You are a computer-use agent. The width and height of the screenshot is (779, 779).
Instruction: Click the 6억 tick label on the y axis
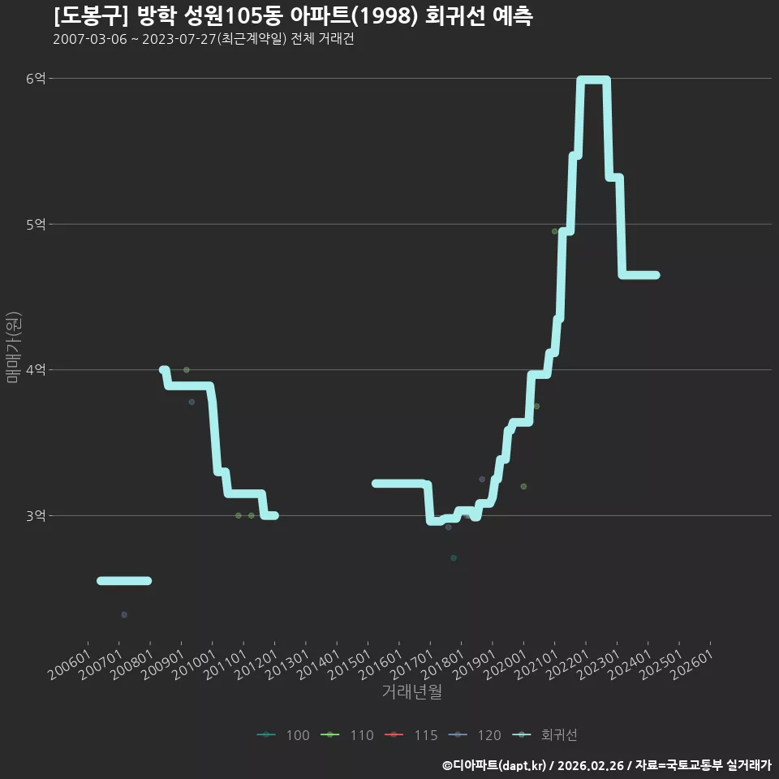coord(36,79)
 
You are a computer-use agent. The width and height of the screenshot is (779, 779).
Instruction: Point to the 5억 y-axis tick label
coord(36,225)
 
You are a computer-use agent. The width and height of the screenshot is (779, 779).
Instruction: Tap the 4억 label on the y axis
coord(36,370)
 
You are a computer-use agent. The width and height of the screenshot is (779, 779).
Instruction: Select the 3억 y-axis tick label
coord(36,516)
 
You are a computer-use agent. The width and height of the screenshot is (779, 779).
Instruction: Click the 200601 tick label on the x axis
coord(70,665)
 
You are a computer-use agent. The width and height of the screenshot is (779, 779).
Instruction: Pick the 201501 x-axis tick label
coord(350,665)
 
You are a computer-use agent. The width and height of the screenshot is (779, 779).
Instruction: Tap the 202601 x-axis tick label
coord(692,665)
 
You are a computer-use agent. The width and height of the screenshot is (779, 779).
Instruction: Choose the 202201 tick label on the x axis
coord(568,665)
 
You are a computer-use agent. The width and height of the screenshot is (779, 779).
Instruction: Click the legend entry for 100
coord(284,735)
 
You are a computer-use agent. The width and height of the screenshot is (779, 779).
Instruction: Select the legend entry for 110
coord(347,735)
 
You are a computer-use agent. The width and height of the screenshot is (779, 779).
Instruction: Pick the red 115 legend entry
coord(411,735)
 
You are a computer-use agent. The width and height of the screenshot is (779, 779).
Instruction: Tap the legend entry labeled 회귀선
coord(544,735)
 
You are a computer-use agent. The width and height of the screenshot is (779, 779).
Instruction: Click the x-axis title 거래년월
coord(412,691)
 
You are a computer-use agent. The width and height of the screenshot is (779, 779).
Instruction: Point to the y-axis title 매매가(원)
coord(13,348)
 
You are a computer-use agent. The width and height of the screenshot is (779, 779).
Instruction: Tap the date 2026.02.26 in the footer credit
coord(590,765)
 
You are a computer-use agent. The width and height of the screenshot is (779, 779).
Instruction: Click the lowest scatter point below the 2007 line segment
coord(124,614)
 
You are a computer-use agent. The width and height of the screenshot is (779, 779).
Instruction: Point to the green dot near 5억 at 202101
coord(555,231)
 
